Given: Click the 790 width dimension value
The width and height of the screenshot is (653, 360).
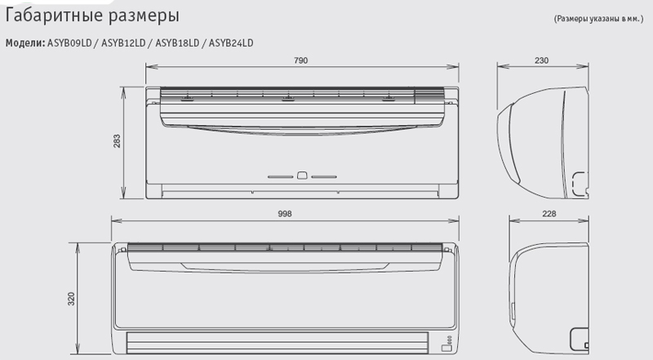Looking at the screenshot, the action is [300, 60].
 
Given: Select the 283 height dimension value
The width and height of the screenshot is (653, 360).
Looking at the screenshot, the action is [117, 141].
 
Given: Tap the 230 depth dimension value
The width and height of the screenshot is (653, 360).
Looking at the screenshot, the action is [541, 60].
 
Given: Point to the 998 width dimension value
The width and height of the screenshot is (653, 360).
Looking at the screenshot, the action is [285, 214].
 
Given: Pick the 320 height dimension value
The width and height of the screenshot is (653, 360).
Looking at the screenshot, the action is [71, 299].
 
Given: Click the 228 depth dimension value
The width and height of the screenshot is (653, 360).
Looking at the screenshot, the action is [549, 214].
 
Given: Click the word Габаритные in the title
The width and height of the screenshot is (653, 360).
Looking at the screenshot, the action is [54, 16].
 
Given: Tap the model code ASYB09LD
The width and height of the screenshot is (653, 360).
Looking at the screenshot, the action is [69, 43].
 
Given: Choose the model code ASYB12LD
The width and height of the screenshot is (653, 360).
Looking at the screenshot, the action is [123, 43].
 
